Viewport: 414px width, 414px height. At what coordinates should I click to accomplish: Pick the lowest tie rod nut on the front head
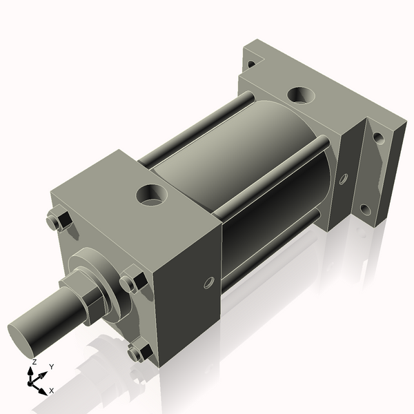click(x=139, y=352)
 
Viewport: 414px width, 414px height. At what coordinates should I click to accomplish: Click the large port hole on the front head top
click(x=150, y=195)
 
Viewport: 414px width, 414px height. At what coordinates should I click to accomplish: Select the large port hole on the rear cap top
click(x=301, y=95)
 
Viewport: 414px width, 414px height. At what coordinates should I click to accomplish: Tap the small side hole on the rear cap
click(x=343, y=179)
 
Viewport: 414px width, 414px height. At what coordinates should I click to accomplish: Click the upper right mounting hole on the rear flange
click(x=378, y=137)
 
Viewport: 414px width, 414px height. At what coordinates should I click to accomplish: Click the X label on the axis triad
click(x=52, y=391)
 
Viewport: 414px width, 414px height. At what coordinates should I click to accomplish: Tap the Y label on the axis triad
click(x=52, y=367)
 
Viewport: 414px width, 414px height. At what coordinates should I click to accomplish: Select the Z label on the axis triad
click(x=34, y=362)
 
